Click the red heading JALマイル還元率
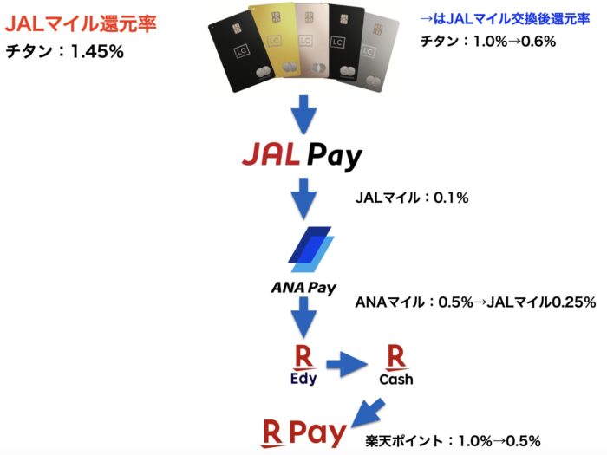coord(81,24)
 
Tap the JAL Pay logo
coord(302,158)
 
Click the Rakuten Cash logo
coord(395,365)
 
